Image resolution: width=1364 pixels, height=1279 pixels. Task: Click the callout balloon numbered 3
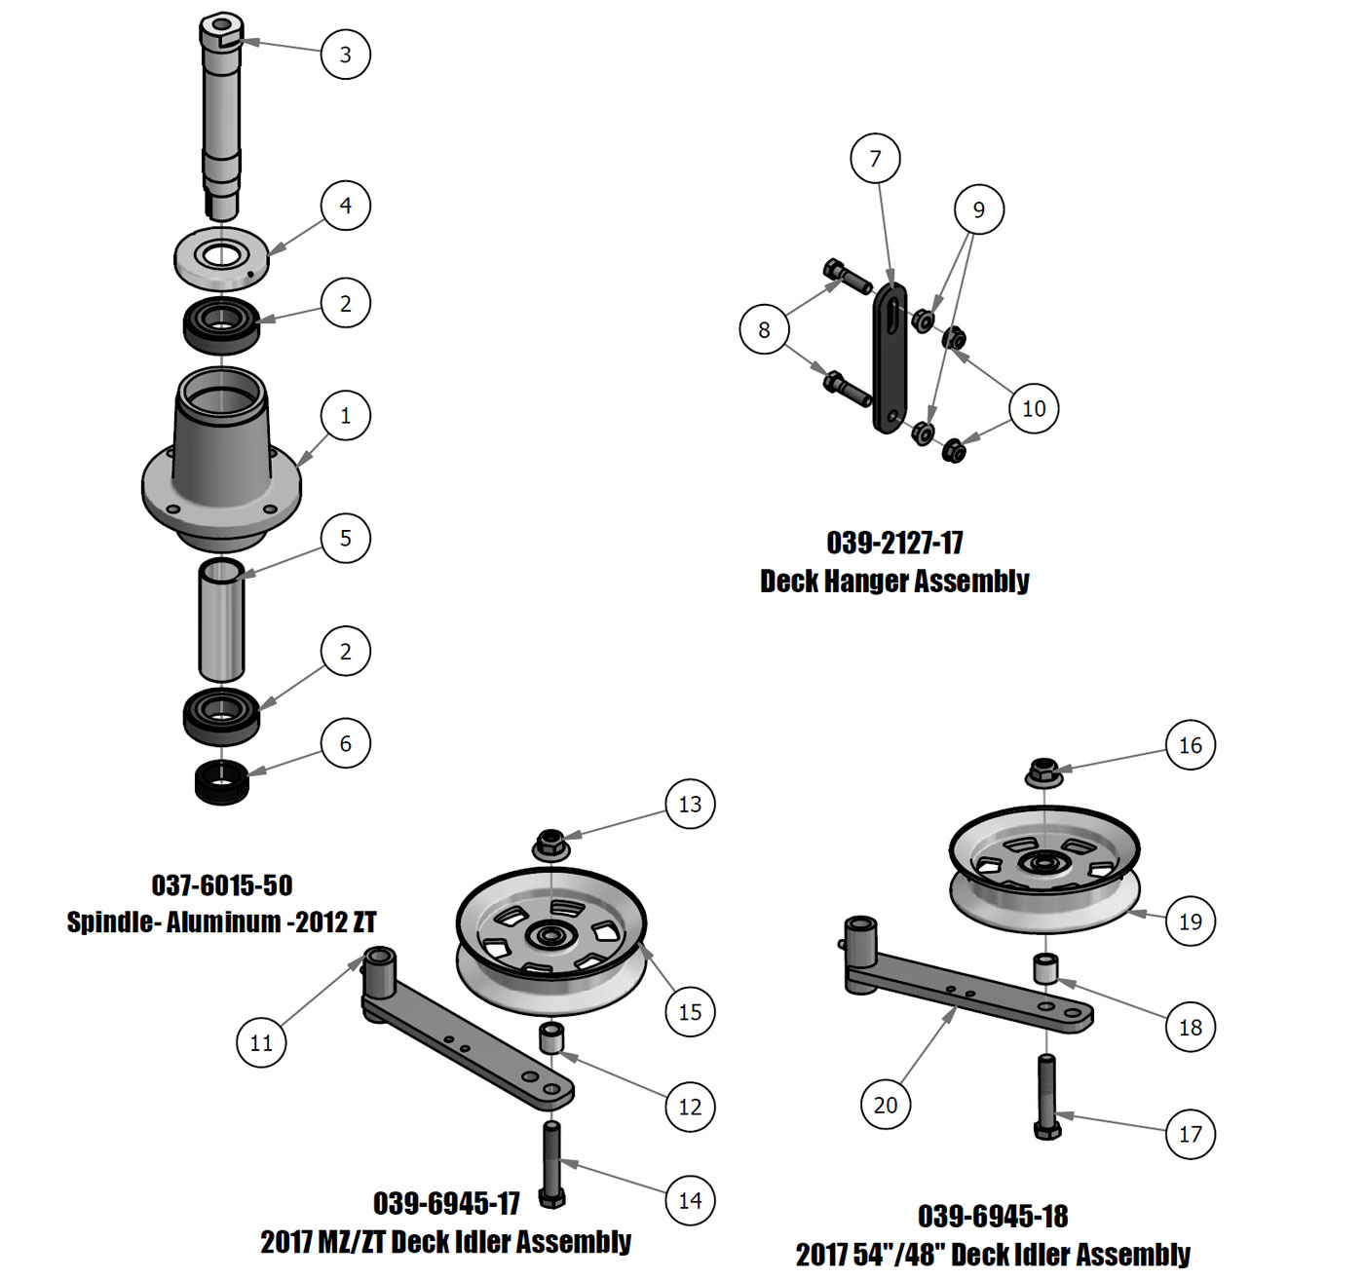coord(345,54)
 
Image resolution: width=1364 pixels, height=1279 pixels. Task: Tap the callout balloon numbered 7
coord(875,158)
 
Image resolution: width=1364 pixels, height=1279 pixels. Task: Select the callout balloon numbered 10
coord(1034,408)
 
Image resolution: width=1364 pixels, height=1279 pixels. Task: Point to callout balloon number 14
coord(690,1200)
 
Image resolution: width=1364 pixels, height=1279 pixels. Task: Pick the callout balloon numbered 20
coord(886,1105)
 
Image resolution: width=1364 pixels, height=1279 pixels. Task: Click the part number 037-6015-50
coord(222,885)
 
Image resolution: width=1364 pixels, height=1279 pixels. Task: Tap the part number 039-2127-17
coord(894,543)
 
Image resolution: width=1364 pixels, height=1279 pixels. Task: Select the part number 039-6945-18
coord(993,1217)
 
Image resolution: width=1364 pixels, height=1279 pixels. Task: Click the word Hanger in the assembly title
coord(877,582)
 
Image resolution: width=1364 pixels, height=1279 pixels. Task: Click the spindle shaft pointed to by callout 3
coord(221,107)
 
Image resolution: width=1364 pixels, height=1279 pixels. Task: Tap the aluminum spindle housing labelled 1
coord(220,458)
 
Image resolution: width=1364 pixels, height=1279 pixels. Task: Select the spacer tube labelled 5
coord(221,619)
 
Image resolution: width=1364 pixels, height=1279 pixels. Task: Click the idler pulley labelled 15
coord(551,942)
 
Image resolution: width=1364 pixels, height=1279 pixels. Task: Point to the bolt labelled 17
coord(1047,1096)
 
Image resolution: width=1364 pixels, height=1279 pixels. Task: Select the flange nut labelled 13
coord(550,843)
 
